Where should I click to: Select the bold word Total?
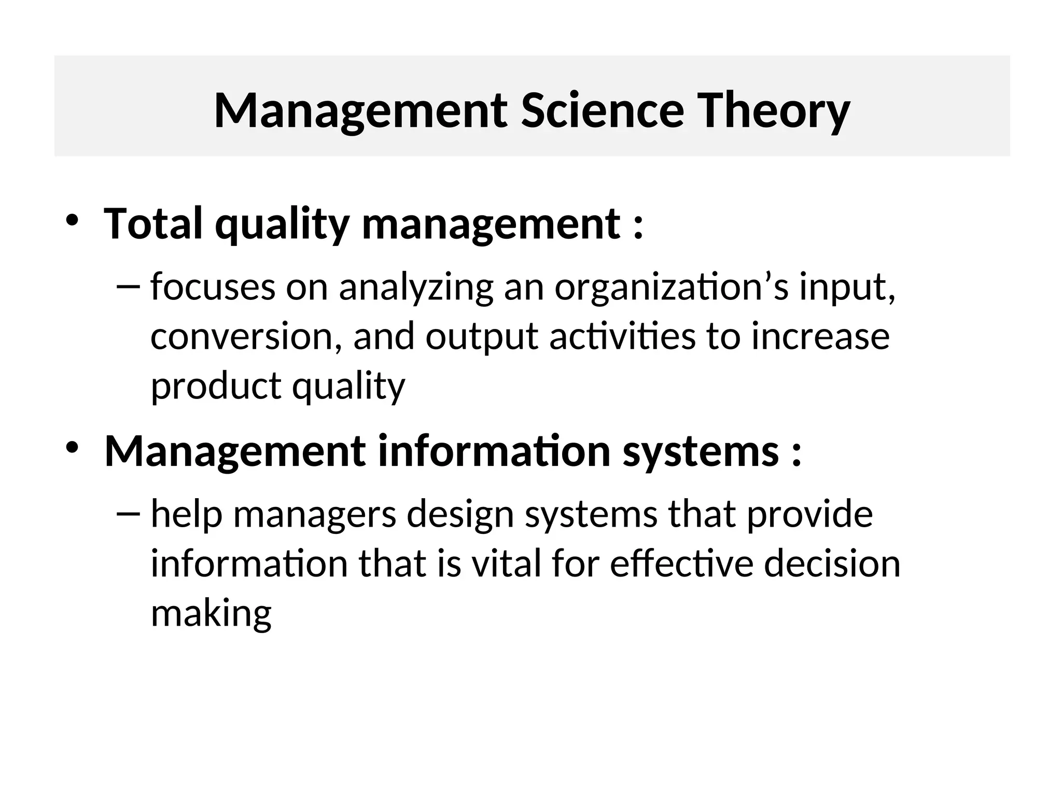click(153, 224)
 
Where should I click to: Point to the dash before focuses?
click(129, 286)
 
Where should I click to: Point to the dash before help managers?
click(129, 514)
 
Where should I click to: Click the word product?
click(215, 387)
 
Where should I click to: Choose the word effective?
click(681, 564)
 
